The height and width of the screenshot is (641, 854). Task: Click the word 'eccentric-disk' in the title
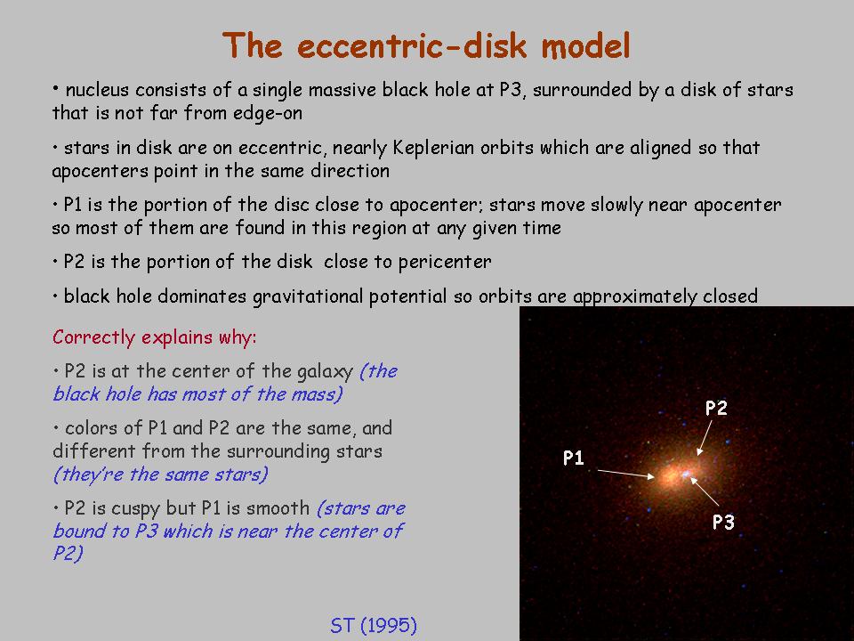(x=412, y=45)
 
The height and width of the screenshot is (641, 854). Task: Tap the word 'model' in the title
(x=585, y=45)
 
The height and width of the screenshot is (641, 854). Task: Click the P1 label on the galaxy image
(x=574, y=458)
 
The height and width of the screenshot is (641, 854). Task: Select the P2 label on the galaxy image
(x=716, y=408)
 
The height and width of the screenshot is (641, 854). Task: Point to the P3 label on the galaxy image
(x=724, y=523)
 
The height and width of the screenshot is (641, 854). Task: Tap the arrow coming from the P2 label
(x=705, y=438)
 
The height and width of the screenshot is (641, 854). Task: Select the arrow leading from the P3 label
(x=705, y=491)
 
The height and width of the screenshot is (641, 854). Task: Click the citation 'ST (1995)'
(x=374, y=625)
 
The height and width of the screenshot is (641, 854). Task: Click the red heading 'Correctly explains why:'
(x=155, y=337)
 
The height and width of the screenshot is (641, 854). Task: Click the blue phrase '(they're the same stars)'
(x=161, y=475)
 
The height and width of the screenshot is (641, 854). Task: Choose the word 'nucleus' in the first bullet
(x=97, y=90)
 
